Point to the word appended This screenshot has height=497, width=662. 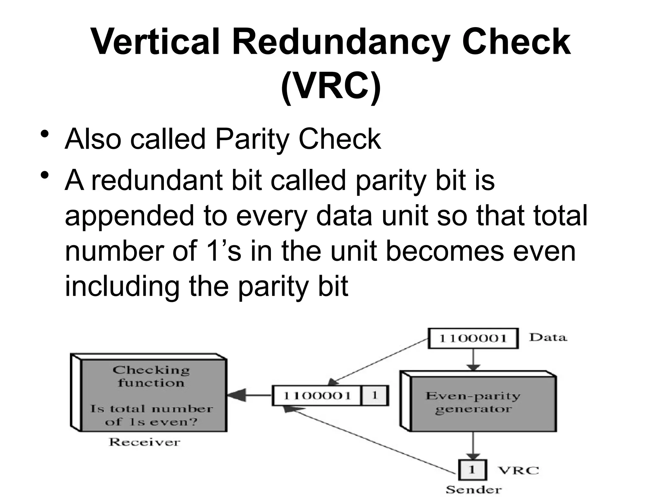click(x=129, y=216)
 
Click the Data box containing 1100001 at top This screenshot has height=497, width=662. click(x=473, y=338)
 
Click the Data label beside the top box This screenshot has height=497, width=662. click(x=548, y=337)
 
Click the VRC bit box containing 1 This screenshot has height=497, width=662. click(x=472, y=469)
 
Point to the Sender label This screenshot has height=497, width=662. click(x=473, y=490)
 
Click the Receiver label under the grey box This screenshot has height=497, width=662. click(x=144, y=442)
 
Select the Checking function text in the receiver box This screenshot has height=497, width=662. click(x=151, y=376)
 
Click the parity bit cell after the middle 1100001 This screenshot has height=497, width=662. click(x=374, y=395)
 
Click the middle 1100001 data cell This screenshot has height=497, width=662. click(x=316, y=395)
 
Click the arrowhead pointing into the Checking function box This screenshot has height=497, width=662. click(x=236, y=395)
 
